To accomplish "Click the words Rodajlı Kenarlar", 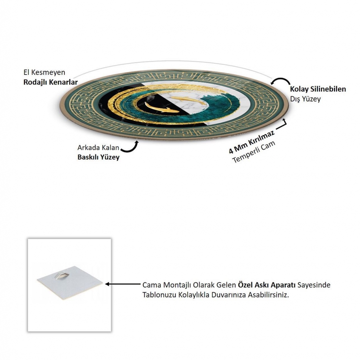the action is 51,82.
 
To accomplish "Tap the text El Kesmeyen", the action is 44,72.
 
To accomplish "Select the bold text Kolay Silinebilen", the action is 318,89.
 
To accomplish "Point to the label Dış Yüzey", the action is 306,99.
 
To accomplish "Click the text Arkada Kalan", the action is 98,147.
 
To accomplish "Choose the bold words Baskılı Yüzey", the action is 98,157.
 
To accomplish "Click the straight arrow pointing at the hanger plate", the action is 123,284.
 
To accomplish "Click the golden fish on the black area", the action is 161,108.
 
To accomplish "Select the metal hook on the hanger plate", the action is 63,275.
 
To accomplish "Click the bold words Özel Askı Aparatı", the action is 266,285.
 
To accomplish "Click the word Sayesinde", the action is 314,285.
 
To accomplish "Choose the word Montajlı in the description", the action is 176,285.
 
